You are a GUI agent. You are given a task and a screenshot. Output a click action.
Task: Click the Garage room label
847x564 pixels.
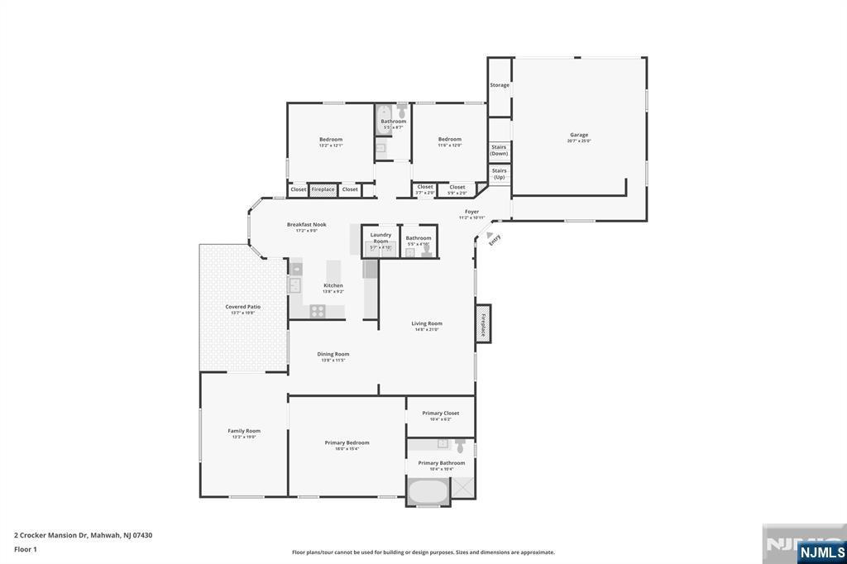[578, 135]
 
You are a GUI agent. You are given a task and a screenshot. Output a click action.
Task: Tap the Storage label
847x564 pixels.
[500, 85]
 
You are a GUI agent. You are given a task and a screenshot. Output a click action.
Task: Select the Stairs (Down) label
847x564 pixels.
[499, 151]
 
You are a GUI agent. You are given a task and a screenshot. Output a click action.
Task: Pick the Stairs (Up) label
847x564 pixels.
[499, 174]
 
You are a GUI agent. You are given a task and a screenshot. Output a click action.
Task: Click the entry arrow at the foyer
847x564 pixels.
[489, 235]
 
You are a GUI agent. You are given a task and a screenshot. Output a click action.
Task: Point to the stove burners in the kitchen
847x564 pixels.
[316, 311]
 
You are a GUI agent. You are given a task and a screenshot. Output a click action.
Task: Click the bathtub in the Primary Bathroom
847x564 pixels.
[428, 491]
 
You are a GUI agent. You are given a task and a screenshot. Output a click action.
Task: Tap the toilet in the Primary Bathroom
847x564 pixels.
[460, 446]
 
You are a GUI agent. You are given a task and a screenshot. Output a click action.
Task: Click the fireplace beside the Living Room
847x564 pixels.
[483, 322]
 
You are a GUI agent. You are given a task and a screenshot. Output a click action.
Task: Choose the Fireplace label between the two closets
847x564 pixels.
[323, 189]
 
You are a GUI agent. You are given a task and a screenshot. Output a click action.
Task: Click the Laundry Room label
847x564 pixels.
[380, 237]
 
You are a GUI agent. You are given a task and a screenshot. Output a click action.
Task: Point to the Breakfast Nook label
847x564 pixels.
[306, 224]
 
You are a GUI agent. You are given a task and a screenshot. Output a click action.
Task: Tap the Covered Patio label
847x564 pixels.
[242, 306]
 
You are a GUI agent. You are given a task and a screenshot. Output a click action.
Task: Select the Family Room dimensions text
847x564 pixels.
[244, 437]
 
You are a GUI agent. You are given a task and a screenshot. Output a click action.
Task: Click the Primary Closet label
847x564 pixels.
[440, 413]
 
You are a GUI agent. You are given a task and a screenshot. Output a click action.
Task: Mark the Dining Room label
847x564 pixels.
[333, 354]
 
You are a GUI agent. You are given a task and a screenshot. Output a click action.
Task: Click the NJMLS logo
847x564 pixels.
[821, 552]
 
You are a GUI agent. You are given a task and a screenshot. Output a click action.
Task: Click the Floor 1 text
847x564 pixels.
[23, 549]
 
